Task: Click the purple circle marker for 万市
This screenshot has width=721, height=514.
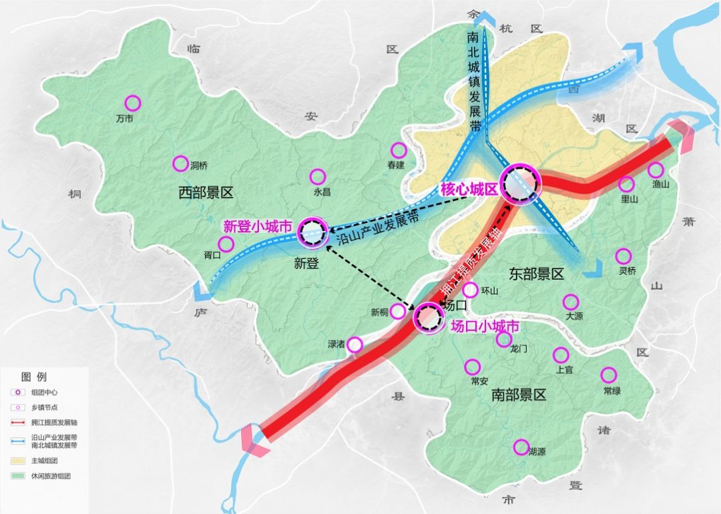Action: click(133, 103)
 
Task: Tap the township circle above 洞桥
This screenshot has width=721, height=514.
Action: click(180, 164)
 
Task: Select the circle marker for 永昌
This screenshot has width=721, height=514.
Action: click(318, 177)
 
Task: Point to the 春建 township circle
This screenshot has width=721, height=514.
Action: click(399, 151)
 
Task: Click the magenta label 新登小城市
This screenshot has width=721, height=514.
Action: click(258, 227)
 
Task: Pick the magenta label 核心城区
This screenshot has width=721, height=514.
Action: click(469, 190)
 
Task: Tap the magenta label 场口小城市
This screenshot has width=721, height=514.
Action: click(485, 327)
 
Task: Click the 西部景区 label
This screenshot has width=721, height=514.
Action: click(206, 194)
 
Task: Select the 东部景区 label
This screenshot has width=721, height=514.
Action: click(537, 274)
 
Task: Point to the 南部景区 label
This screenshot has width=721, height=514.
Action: click(519, 395)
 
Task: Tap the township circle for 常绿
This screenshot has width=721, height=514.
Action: click(609, 375)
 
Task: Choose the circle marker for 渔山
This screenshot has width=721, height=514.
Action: click(656, 170)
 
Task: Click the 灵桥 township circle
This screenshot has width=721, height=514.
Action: click(624, 256)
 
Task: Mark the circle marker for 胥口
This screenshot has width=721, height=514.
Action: click(226, 244)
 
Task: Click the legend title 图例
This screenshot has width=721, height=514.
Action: click(34, 376)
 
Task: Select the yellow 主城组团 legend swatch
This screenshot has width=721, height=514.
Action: click(19, 461)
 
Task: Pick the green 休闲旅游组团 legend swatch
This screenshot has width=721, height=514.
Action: click(19, 477)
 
